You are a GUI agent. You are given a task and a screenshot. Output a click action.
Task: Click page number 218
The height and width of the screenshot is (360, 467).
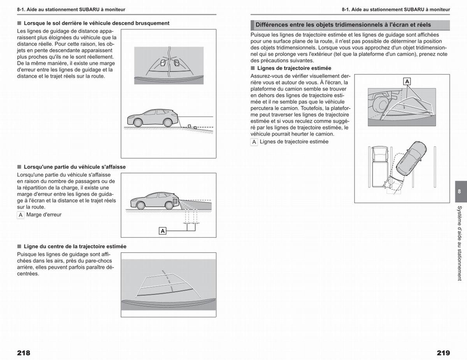coord(24,353)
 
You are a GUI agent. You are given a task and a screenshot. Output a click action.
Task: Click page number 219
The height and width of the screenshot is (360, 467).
coord(443,353)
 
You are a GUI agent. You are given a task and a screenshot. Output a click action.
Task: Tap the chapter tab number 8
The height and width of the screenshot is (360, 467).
coord(459,191)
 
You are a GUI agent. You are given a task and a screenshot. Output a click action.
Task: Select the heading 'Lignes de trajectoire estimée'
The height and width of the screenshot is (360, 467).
coord(294,68)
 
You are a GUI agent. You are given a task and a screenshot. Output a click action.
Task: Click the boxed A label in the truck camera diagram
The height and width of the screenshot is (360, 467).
coord(407,81)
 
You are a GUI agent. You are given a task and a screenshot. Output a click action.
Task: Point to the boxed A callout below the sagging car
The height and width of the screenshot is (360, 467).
coord(162,231)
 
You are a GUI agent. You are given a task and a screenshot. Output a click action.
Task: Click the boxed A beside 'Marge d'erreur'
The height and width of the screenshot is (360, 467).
coord(21,215)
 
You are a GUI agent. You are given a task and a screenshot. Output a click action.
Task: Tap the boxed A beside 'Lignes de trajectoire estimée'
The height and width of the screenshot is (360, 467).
coord(254,142)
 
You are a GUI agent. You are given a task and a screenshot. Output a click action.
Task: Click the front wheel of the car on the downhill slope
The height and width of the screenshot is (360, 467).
coord(138,123)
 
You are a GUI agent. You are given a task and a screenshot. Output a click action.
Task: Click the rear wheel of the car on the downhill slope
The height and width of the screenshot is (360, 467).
coord(168,123)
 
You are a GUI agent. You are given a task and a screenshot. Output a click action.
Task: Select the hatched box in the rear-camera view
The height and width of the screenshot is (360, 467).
coord(176,63)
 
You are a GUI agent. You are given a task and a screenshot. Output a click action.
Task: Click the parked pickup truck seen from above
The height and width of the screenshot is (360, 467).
coord(379,166)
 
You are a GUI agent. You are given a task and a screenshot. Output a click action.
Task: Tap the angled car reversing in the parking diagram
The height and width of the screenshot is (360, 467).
coord(411,158)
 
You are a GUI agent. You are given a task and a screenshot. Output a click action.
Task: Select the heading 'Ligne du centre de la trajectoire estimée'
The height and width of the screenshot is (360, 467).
coord(75,246)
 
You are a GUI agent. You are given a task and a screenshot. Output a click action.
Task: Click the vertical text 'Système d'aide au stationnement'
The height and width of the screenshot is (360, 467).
coord(460,243)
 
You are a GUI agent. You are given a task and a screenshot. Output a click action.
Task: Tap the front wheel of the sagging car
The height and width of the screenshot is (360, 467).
coord(140,205)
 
